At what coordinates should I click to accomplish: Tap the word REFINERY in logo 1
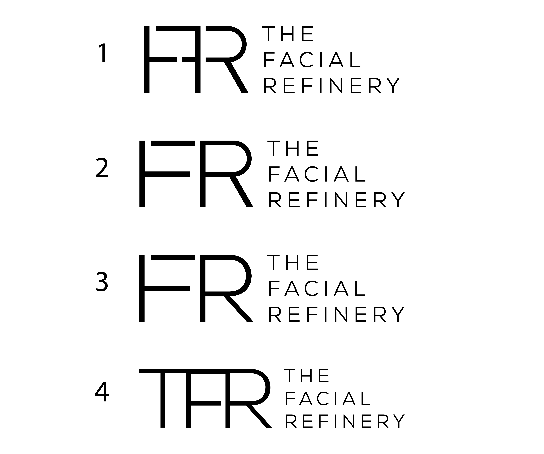pyautogui.click(x=332, y=86)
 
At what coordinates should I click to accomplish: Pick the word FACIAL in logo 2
pyautogui.click(x=317, y=174)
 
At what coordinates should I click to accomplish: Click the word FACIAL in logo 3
pyautogui.click(x=317, y=289)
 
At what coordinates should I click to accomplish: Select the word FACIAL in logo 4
pyautogui.click(x=328, y=398)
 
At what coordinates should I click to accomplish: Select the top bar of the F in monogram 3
pyautogui.click(x=173, y=257)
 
